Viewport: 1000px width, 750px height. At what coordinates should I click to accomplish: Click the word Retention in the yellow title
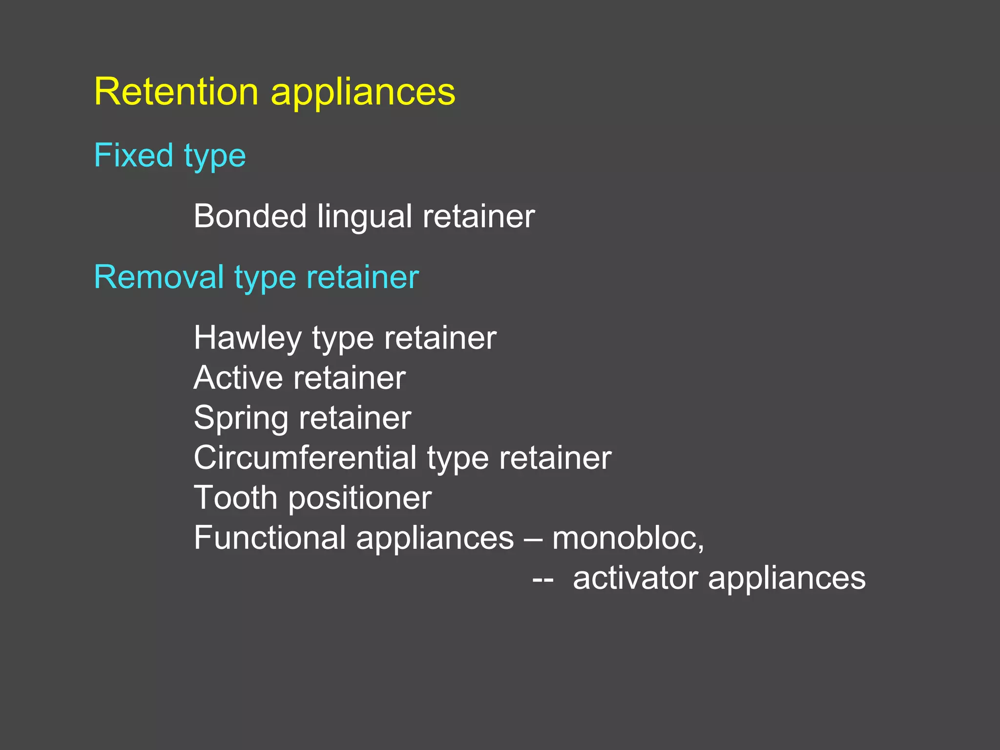176,91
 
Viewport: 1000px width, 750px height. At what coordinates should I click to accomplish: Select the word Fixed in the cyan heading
133,155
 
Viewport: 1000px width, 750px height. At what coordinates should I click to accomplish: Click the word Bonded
250,216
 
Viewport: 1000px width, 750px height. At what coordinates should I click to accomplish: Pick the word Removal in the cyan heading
159,277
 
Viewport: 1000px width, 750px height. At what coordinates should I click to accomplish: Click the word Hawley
248,338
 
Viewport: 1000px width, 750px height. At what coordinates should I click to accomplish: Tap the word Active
238,377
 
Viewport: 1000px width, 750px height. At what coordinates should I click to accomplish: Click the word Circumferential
305,458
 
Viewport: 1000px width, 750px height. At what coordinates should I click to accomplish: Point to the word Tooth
235,498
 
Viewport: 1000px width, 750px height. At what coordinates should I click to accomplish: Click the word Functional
270,538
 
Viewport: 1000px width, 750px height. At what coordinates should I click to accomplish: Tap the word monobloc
628,538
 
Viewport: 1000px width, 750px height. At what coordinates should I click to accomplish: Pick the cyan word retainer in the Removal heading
363,277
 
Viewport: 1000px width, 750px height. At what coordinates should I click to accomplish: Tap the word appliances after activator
787,579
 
